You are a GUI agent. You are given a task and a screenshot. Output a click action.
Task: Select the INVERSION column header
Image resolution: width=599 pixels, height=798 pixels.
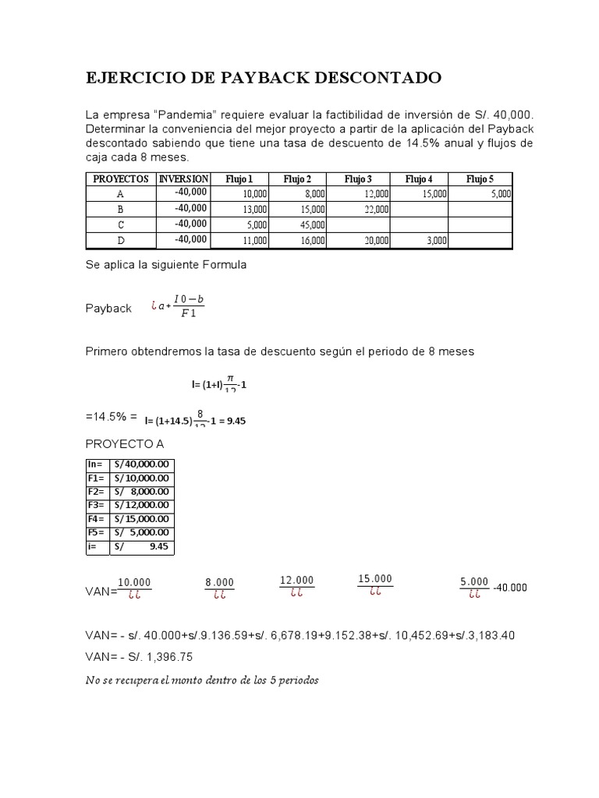[x=184, y=178]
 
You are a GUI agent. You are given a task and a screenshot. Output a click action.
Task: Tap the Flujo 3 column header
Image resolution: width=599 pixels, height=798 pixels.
[x=359, y=178]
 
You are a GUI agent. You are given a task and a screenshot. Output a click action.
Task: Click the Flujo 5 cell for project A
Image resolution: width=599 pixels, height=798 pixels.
[x=480, y=194]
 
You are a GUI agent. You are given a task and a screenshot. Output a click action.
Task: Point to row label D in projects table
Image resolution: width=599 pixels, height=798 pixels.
[x=120, y=241]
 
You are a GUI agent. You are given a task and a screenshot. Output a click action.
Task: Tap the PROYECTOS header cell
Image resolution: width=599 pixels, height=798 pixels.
[x=120, y=178]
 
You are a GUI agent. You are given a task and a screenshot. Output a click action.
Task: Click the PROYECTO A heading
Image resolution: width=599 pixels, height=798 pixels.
[x=125, y=443]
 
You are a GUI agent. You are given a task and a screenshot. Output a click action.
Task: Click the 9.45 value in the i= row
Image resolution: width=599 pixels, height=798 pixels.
[x=158, y=547]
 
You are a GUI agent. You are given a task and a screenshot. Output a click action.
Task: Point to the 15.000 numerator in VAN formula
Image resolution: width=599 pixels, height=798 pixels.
[x=375, y=578]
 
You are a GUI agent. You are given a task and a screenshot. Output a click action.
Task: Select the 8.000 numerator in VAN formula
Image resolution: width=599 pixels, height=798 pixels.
[x=219, y=582]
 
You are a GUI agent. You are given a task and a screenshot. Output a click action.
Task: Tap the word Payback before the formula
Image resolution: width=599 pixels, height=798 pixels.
[x=108, y=309]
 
